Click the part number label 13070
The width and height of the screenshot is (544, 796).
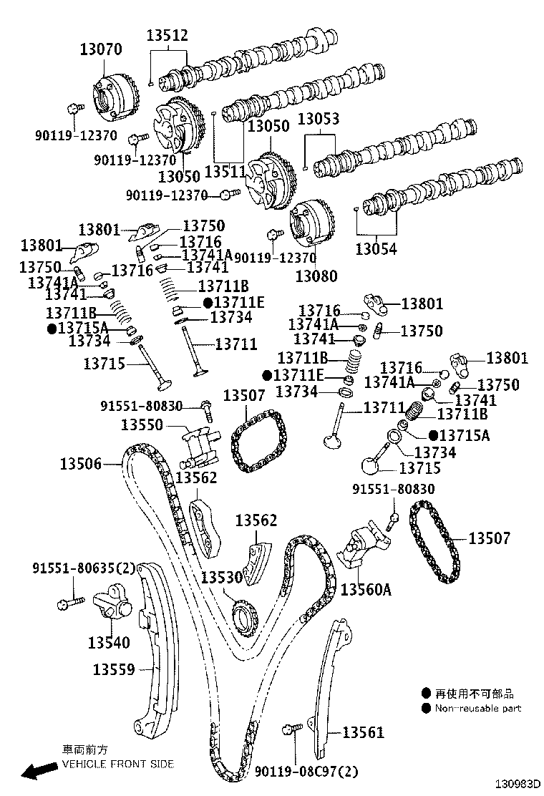(100, 49)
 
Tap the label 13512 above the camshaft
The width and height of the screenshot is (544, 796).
(167, 35)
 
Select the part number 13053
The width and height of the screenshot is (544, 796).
(319, 119)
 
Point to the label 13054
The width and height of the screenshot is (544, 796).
(377, 249)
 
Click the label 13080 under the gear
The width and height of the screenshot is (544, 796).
(316, 276)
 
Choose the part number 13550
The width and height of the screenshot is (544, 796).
(142, 424)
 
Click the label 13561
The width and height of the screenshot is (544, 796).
(363, 732)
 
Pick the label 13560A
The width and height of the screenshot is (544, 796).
(366, 589)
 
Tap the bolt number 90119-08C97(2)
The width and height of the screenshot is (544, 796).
(307, 772)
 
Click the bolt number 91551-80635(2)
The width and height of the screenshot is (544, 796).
(84, 568)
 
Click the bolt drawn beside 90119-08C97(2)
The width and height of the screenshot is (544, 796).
(291, 729)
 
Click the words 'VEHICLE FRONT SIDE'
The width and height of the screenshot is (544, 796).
(117, 765)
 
